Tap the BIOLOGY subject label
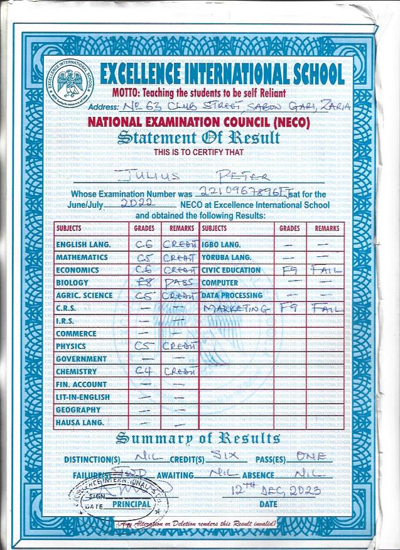pos(72,283)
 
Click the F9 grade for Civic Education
pos(291,271)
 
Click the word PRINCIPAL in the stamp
pos(131,504)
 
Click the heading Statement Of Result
pos(198,137)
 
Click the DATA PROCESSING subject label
pos(232,295)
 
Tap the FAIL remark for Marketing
pos(327,309)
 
